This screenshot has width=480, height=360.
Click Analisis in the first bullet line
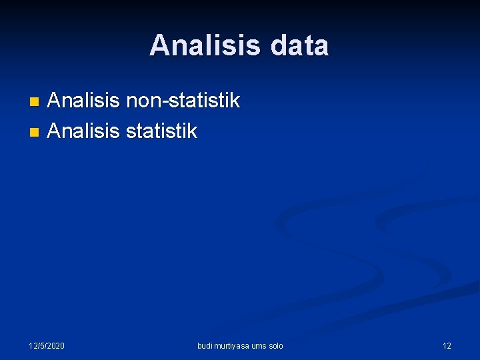coord(84,101)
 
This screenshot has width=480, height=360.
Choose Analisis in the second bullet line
coord(84,131)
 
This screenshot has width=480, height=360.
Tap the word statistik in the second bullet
coord(162,131)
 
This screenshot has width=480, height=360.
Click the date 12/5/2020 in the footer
coord(47,345)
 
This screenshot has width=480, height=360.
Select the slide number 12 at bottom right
coord(447,345)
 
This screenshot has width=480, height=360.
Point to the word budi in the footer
coord(204,345)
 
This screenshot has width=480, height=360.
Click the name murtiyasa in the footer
coord(231,345)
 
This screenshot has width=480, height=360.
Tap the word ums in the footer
coord(259,345)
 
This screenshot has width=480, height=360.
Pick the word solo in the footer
coord(276,345)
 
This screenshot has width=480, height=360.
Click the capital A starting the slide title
coord(159,46)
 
